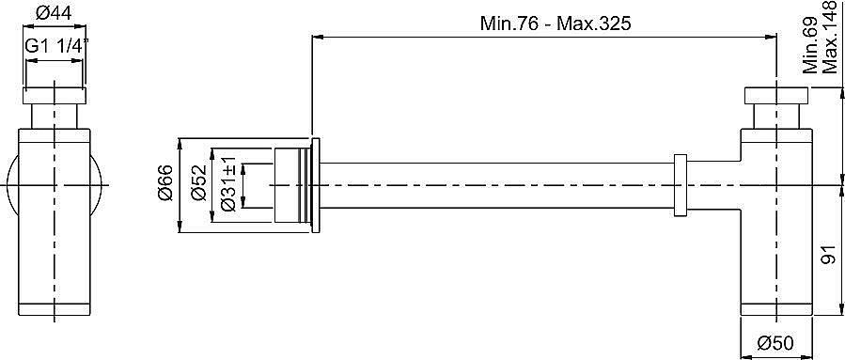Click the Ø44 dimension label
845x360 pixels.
54,13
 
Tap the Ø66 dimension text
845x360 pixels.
165,183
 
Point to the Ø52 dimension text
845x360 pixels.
198,182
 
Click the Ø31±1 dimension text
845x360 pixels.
228,184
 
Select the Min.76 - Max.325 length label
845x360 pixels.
556,23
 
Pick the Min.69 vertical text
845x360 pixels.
810,45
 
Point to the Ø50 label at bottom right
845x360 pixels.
775,343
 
